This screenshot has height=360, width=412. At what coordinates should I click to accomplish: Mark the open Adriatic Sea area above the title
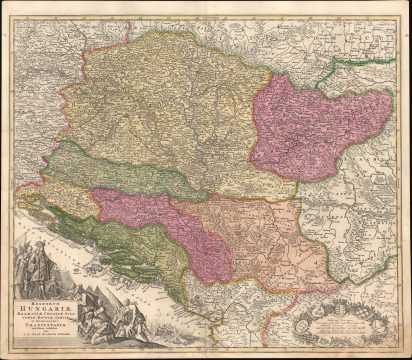point(35,225)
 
